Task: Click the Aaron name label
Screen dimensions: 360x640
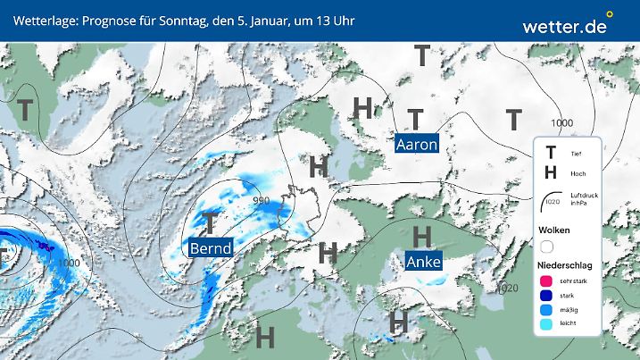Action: [x=416, y=144]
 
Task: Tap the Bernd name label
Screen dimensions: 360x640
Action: [x=211, y=247]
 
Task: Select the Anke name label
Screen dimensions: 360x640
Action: [x=422, y=262]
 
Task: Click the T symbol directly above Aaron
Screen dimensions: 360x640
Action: [x=415, y=118]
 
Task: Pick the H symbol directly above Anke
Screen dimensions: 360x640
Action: [x=423, y=236]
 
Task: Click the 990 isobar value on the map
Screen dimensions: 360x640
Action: [x=260, y=200]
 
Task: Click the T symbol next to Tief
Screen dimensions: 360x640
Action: [x=551, y=154]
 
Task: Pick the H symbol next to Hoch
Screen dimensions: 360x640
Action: [x=551, y=172]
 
